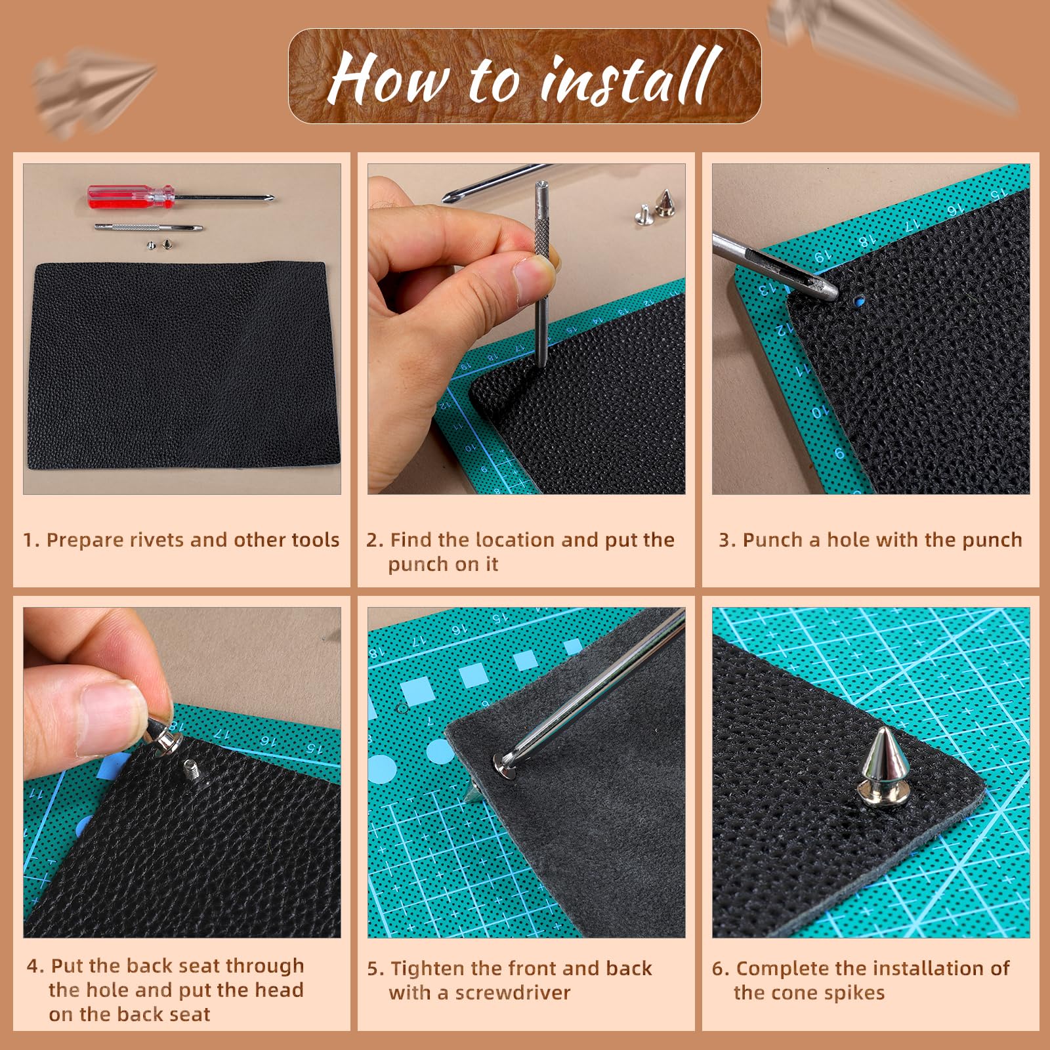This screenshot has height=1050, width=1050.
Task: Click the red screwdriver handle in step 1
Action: pos(131,197)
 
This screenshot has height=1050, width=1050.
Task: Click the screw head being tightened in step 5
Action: pos(505,765)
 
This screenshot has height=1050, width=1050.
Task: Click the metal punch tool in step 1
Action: pos(148,228)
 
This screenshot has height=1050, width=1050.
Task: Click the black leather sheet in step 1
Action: pos(182,366)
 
